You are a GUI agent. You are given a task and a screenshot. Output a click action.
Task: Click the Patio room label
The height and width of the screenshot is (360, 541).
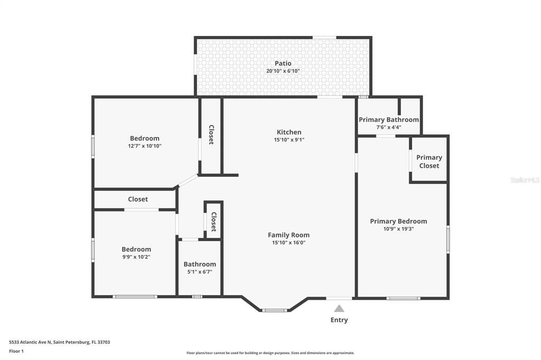(x=283, y=63)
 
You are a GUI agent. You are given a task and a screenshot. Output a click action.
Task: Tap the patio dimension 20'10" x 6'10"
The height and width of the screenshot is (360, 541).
(x=283, y=71)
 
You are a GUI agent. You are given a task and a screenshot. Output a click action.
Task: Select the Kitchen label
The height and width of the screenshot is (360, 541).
(x=289, y=132)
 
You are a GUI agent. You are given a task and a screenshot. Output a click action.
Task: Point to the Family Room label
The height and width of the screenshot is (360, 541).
(x=288, y=235)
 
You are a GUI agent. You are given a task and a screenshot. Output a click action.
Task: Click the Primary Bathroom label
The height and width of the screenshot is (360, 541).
(x=389, y=120)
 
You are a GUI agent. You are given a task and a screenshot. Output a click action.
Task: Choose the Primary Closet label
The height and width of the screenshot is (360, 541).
(x=429, y=162)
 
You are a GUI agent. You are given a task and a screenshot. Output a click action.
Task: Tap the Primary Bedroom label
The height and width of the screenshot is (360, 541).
(x=398, y=221)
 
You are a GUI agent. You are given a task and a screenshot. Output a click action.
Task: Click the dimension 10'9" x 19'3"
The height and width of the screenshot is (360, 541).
(x=398, y=229)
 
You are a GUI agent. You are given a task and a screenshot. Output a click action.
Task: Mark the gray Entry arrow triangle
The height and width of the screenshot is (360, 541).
(x=339, y=309)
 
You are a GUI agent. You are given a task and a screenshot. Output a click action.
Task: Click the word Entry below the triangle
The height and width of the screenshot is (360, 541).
(x=339, y=320)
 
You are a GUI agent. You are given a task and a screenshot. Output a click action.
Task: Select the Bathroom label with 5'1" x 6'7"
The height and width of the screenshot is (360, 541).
(x=200, y=264)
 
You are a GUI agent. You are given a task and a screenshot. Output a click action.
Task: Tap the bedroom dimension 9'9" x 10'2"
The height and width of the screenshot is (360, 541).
(x=136, y=257)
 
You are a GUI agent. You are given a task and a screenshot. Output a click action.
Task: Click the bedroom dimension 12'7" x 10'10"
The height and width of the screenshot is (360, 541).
(x=145, y=146)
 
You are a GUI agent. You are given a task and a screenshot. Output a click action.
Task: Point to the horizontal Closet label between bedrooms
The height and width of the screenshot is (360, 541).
(x=138, y=199)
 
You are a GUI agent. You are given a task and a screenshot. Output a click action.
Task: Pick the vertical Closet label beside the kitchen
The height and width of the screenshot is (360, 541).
(x=211, y=135)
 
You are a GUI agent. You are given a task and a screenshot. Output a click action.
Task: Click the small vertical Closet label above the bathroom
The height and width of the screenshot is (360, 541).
(x=213, y=222)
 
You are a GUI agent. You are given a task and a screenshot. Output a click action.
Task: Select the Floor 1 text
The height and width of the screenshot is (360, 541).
(x=16, y=351)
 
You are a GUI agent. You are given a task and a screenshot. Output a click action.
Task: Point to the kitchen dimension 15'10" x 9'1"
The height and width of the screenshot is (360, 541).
(x=289, y=140)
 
